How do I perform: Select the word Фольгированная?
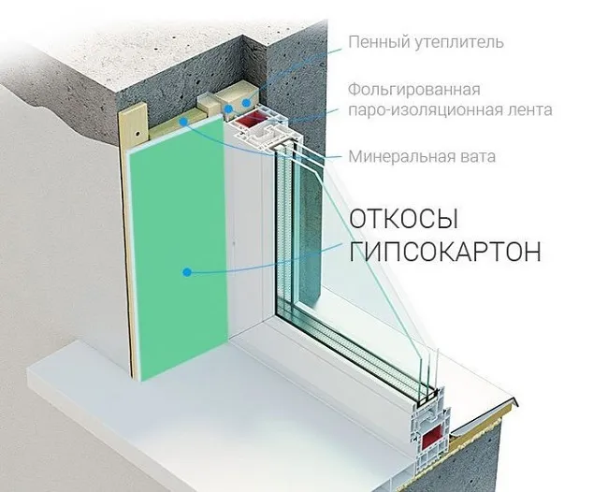coord(414,91)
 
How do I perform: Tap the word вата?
coord(476,157)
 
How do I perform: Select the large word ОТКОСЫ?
coord(404,219)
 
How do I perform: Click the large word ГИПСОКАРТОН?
coord(444,252)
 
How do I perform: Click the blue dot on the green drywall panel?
coord(187,272)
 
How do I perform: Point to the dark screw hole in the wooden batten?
coord(138,133)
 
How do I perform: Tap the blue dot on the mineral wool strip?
coord(183,122)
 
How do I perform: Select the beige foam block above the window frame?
coord(238,97)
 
